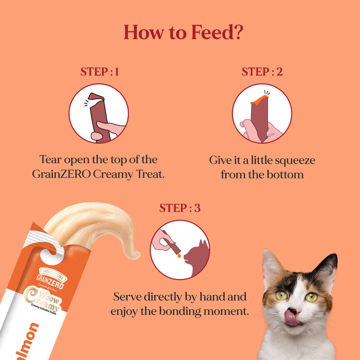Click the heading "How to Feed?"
[x=183, y=33]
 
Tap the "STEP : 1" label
[x=99, y=72]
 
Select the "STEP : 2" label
[x=262, y=72]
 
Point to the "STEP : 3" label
[x=180, y=208]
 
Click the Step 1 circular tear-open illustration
[x=98, y=113]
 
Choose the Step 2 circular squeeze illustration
[x=262, y=113]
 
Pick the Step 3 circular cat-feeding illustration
[x=180, y=250]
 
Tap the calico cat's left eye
[x=281, y=296]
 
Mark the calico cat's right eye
[x=311, y=297]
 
